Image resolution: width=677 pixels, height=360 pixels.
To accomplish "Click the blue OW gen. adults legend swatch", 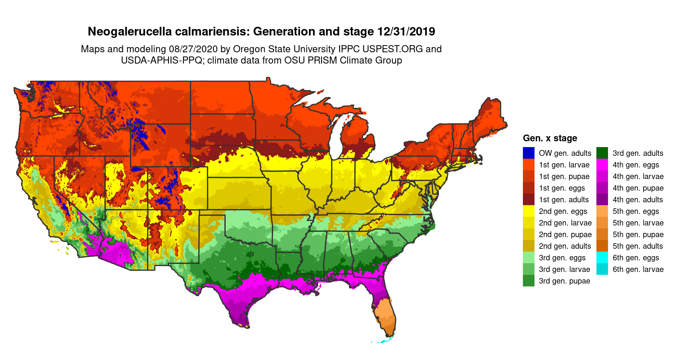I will point(528,153).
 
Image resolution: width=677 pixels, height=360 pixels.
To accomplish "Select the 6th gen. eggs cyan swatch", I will point(602,257).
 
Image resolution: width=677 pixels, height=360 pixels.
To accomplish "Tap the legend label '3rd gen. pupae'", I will point(564,281).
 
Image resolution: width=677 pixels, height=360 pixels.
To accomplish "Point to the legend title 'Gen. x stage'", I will point(550,138).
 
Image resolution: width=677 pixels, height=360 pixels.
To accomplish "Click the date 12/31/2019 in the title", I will point(406,32).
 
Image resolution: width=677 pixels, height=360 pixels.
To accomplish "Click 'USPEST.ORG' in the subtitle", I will point(392,49).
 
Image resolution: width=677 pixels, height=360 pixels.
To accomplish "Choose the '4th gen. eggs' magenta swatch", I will point(602,165).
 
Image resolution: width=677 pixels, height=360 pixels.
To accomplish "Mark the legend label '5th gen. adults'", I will point(638,246).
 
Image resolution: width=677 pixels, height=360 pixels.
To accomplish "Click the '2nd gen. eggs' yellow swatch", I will point(528,211).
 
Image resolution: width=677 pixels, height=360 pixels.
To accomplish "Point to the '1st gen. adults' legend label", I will point(564,200).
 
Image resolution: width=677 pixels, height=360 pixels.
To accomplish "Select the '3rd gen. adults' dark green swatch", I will point(602,153).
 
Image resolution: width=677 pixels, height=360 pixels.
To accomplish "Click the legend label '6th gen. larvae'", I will point(638,269).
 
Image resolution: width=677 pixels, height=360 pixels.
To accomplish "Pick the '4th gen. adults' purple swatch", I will point(602,199).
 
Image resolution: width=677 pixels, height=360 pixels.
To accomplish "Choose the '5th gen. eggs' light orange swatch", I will point(602,211).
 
